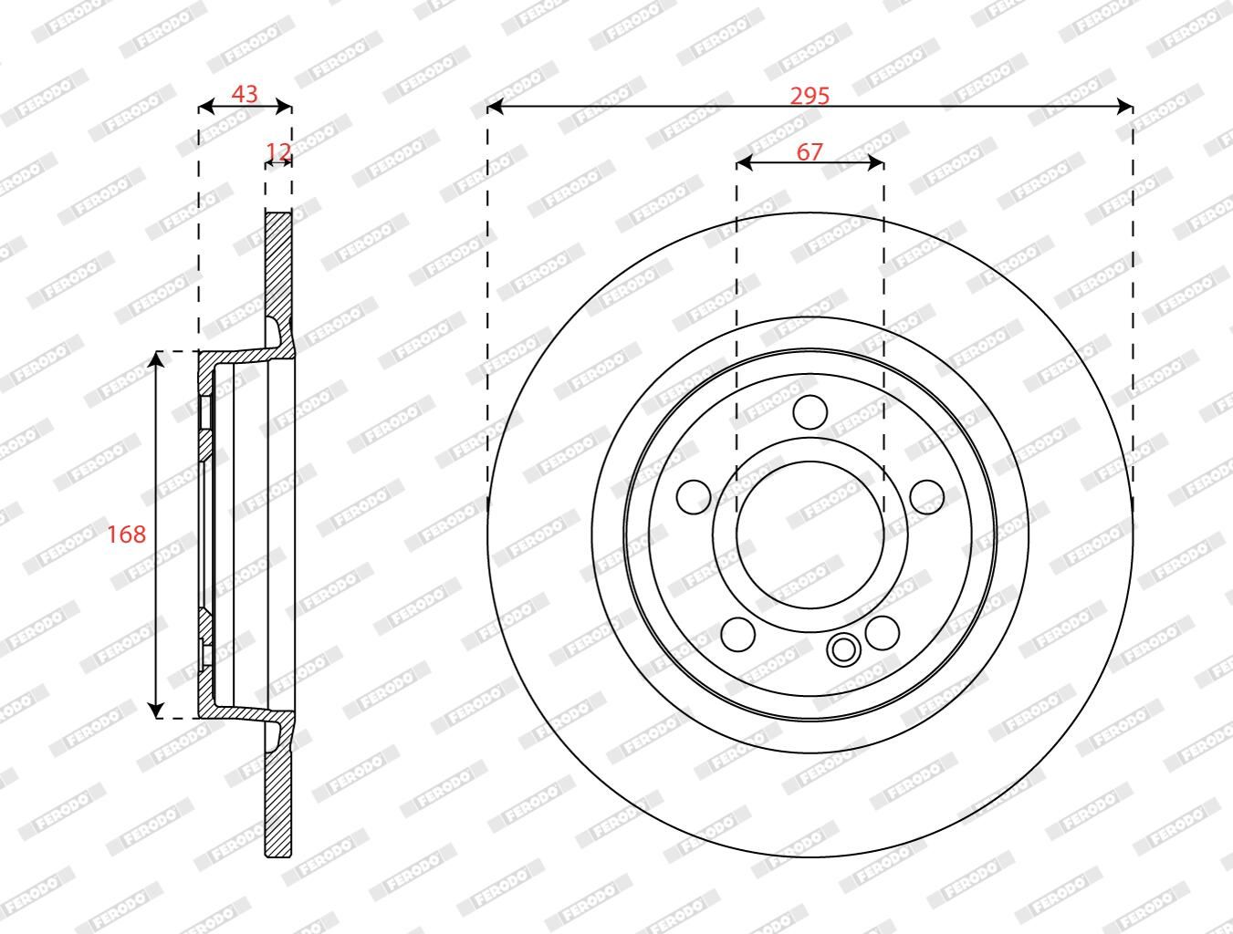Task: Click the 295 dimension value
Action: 810,96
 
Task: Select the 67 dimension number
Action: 810,152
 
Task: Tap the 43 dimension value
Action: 245,94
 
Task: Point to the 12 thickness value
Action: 278,151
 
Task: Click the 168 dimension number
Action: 126,534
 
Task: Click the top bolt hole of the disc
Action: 810,412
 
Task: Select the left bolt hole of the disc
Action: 694,497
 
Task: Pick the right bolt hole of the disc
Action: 927,497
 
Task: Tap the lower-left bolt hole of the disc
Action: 737,634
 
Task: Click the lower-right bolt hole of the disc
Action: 883,633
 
